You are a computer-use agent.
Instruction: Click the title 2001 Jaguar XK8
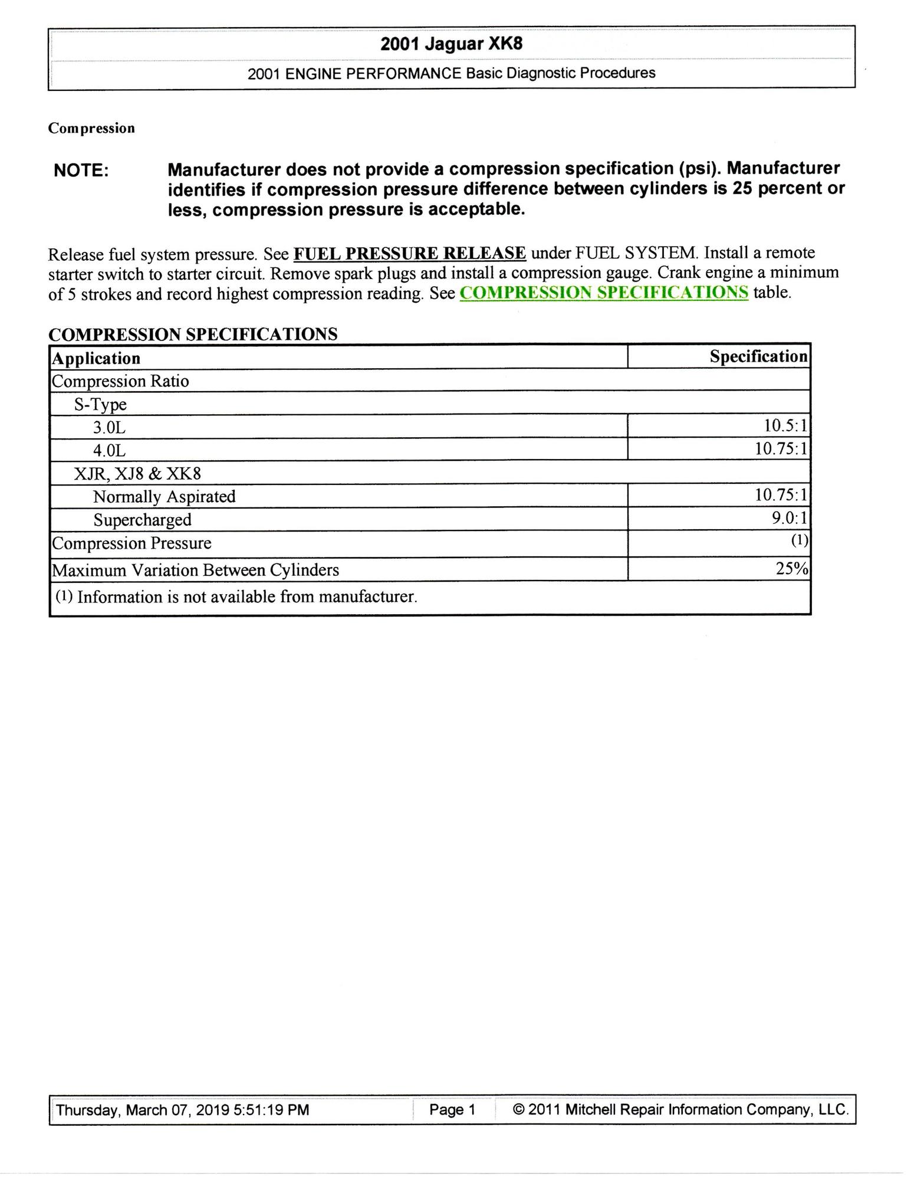point(451,44)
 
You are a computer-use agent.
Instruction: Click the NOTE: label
point(81,171)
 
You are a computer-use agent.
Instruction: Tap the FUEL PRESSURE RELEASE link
point(409,253)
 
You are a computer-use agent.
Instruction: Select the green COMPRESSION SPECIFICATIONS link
point(604,293)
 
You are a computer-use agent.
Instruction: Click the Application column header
point(96,358)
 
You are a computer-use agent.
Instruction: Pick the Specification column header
point(758,356)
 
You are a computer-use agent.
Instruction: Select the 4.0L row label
point(109,451)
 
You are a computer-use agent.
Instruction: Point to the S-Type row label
point(100,405)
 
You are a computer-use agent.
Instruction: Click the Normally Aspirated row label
point(164,497)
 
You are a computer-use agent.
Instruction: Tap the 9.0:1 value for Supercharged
point(789,518)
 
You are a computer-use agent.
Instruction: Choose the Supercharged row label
point(142,520)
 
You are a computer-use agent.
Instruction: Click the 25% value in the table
point(792,569)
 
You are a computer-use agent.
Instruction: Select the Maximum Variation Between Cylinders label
point(195,570)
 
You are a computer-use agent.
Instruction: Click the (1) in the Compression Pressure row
point(799,540)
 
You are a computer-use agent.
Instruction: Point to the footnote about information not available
point(236,597)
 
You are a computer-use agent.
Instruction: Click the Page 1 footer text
point(452,1110)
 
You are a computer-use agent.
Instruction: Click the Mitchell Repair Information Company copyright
point(681,1110)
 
